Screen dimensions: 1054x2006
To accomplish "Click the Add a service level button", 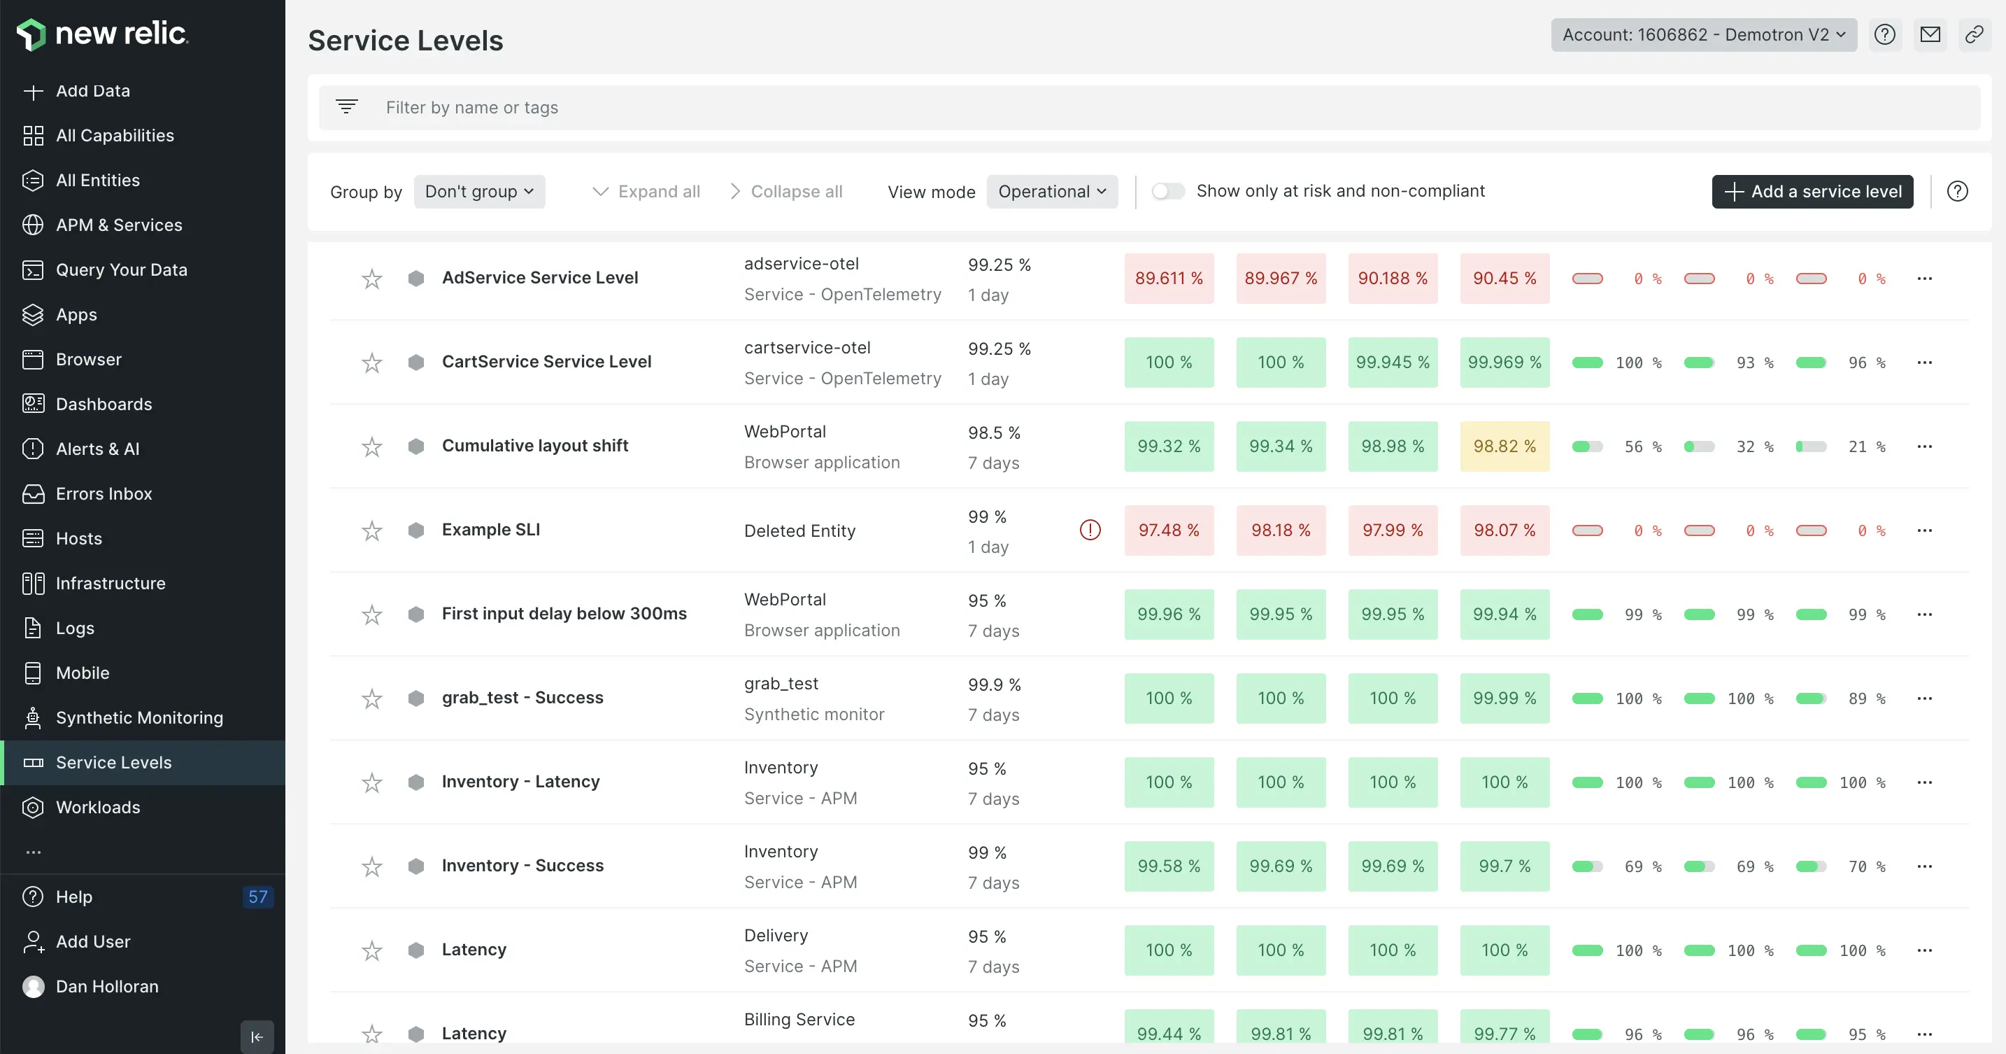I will click(1812, 192).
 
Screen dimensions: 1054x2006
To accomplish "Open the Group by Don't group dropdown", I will click(479, 192).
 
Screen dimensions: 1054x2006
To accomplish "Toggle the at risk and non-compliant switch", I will click(1167, 192).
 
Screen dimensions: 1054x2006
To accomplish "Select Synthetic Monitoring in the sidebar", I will click(139, 717).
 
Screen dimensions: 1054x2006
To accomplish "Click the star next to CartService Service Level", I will click(372, 363).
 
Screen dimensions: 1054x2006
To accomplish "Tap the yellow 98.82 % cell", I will click(1504, 447).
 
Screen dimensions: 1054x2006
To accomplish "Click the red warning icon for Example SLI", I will click(1090, 530).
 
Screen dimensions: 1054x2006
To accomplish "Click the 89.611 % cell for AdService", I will click(1168, 278).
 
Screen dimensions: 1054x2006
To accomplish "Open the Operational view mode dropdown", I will click(1051, 192).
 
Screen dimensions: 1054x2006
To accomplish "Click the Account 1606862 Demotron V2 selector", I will click(1703, 35).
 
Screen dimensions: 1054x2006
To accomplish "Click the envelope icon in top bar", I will click(1930, 35).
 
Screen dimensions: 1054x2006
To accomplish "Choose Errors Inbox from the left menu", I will click(104, 494).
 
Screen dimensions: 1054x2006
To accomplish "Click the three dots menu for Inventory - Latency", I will click(1924, 782).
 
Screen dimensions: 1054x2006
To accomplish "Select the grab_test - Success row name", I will click(522, 698).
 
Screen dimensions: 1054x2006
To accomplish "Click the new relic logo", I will click(102, 34).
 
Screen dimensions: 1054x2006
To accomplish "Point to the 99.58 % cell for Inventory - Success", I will click(1168, 866).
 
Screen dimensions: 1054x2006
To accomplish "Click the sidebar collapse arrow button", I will click(257, 1037).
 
